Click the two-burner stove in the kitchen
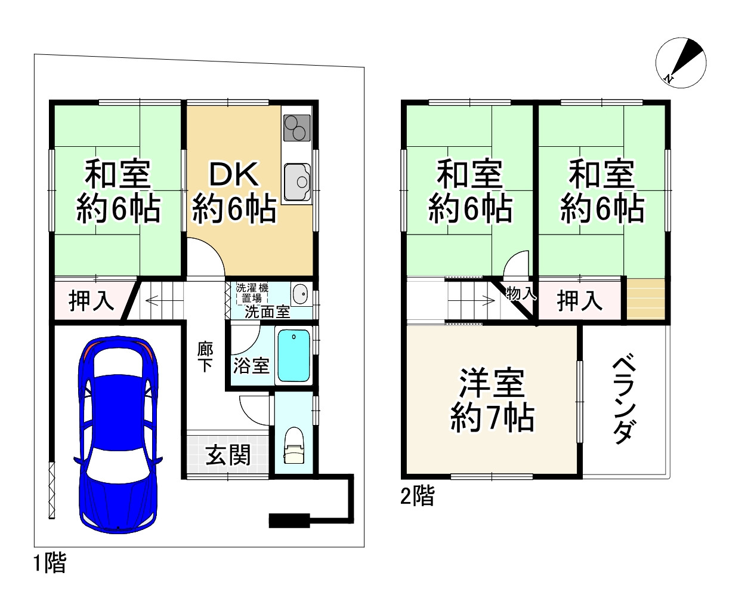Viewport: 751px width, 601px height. tap(296, 127)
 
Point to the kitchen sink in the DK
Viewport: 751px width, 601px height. tap(296, 181)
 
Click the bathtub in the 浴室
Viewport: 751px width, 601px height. tap(294, 355)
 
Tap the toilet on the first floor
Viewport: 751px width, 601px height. tap(293, 446)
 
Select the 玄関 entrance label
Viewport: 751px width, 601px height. tap(228, 455)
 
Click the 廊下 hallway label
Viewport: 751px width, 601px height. tap(205, 356)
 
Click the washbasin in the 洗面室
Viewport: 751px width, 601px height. tap(300, 294)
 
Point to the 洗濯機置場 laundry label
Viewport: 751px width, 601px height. tap(252, 293)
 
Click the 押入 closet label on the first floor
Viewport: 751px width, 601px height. tap(91, 300)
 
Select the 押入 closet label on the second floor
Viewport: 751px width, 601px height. tap(579, 300)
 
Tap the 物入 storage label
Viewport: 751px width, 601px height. tap(521, 293)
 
